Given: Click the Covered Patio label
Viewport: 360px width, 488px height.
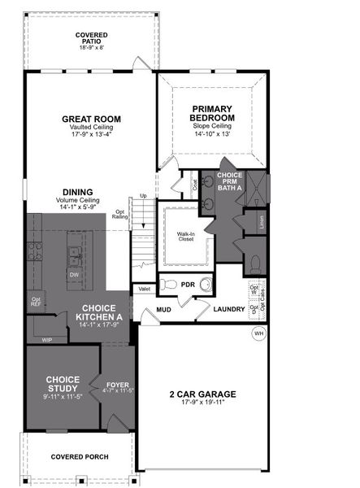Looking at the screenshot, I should (91, 36).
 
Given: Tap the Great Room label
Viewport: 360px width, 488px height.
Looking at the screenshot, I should (91, 119).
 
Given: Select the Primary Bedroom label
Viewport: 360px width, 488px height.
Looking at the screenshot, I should (211, 113).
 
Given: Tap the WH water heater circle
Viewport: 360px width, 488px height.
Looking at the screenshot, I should (259, 333).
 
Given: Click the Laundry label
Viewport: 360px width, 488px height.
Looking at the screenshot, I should (229, 309).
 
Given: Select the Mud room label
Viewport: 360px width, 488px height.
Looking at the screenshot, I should (163, 310).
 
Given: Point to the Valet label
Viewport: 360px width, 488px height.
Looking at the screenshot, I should (145, 289).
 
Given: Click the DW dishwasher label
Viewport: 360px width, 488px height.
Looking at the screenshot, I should (74, 275).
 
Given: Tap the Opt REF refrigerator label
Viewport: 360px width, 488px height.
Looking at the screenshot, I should (37, 302).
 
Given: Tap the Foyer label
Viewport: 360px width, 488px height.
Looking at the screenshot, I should (118, 384).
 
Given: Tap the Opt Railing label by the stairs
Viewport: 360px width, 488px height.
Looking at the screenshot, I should (120, 214).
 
